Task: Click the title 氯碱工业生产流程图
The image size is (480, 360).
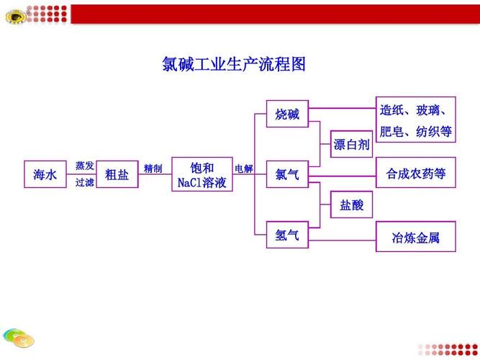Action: [234, 64]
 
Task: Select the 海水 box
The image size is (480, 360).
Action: [45, 174]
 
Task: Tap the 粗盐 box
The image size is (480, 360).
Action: [117, 174]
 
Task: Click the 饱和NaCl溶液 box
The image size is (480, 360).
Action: [202, 174]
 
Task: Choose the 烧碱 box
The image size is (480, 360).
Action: [287, 114]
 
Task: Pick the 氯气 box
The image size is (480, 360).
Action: [287, 174]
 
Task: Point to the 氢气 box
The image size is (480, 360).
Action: [287, 235]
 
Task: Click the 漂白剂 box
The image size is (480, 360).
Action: [351, 144]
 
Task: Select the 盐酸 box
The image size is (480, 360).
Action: [351, 204]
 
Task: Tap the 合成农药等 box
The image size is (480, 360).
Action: [416, 173]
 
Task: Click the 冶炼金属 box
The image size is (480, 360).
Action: [416, 237]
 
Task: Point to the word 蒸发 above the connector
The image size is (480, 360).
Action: [84, 166]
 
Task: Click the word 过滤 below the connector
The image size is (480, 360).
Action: [84, 183]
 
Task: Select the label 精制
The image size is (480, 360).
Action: [153, 168]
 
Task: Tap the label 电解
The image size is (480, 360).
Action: [244, 168]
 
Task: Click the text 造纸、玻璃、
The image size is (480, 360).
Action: [412, 110]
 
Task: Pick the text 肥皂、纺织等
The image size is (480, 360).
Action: [416, 132]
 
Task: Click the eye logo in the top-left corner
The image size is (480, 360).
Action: [15, 17]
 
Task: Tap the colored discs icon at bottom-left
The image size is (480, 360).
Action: [19, 338]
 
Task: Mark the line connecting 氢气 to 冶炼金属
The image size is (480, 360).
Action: [343, 240]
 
